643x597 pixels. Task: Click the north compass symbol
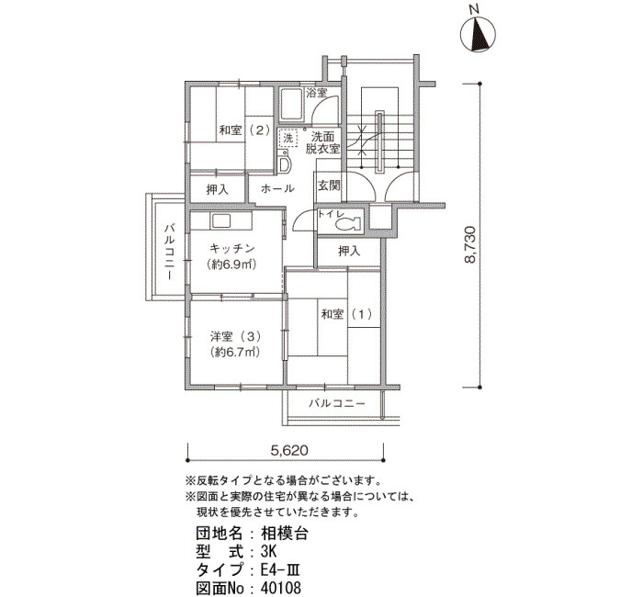(479, 35)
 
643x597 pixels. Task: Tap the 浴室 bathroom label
(317, 93)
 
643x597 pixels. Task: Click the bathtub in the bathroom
(291, 104)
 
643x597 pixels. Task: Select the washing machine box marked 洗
(288, 138)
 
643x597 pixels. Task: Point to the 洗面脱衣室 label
(322, 142)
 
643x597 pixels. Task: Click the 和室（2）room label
(244, 130)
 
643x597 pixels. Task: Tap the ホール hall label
(277, 188)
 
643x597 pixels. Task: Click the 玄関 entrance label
(329, 186)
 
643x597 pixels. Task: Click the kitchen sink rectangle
(221, 221)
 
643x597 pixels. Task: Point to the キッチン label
(232, 249)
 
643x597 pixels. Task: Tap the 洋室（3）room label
(236, 337)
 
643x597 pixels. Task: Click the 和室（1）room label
(347, 314)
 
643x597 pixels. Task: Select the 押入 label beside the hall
(218, 190)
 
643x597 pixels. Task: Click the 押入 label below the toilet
(349, 251)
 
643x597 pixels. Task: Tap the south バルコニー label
(337, 403)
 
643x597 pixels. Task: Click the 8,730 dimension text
(470, 244)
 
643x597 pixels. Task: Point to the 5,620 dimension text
(288, 451)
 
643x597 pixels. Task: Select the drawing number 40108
(281, 589)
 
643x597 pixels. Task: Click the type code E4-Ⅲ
(281, 570)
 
